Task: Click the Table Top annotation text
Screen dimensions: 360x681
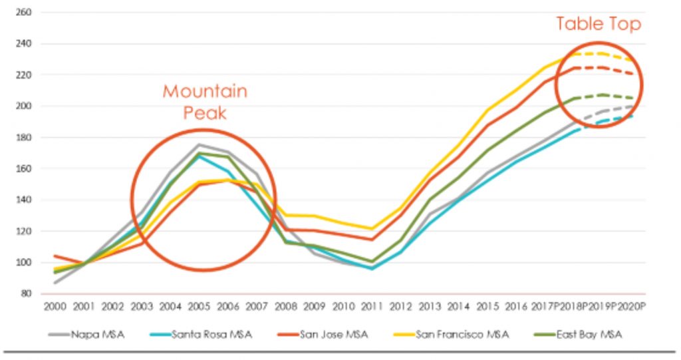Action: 599,25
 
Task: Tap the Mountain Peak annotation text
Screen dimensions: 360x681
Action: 205,101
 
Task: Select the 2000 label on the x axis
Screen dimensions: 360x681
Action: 54,307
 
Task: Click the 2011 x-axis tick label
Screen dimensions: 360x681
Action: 371,307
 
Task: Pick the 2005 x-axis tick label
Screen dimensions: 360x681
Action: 198,307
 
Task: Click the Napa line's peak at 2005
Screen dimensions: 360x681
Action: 198,144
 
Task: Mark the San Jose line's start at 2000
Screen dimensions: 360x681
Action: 55,256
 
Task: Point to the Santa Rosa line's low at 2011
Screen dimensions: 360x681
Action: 371,269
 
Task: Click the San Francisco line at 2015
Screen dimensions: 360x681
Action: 487,110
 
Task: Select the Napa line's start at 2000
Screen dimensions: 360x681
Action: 55,283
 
